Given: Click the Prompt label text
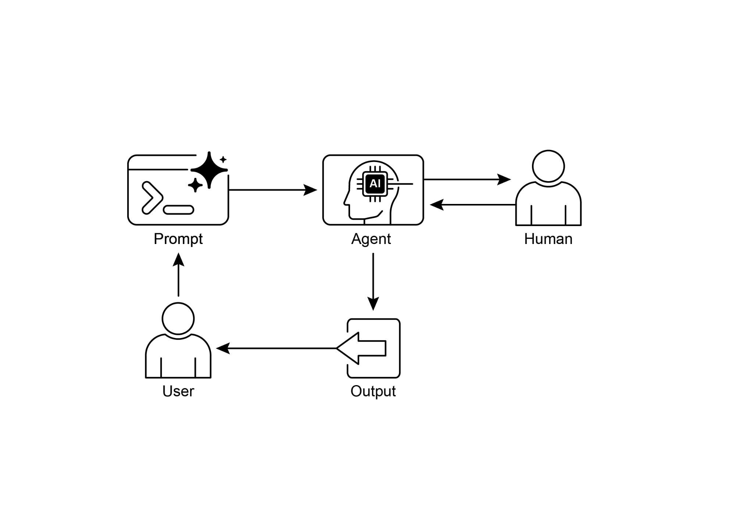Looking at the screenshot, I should tap(178, 239).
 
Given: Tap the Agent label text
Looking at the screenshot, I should tap(371, 239).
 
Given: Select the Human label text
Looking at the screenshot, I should tap(548, 239).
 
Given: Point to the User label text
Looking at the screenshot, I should tap(178, 391).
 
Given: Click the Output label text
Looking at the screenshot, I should tap(373, 391).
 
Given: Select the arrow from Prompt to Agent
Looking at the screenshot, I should tap(272, 190).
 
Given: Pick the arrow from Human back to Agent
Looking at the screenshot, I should tap(472, 205).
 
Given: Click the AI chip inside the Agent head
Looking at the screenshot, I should tap(375, 183).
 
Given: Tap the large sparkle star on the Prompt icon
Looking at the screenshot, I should tap(209, 170).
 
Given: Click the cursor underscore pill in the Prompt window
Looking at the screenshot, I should tap(178, 210).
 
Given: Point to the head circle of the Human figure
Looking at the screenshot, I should tap(548, 166).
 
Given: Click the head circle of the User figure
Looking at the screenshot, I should tap(178, 319).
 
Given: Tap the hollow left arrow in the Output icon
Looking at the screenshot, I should tap(362, 348).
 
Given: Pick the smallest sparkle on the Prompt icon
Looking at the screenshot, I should tap(223, 159).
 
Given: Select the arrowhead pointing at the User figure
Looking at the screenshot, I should tap(223, 348).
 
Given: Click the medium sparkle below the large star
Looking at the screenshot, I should tap(195, 185).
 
